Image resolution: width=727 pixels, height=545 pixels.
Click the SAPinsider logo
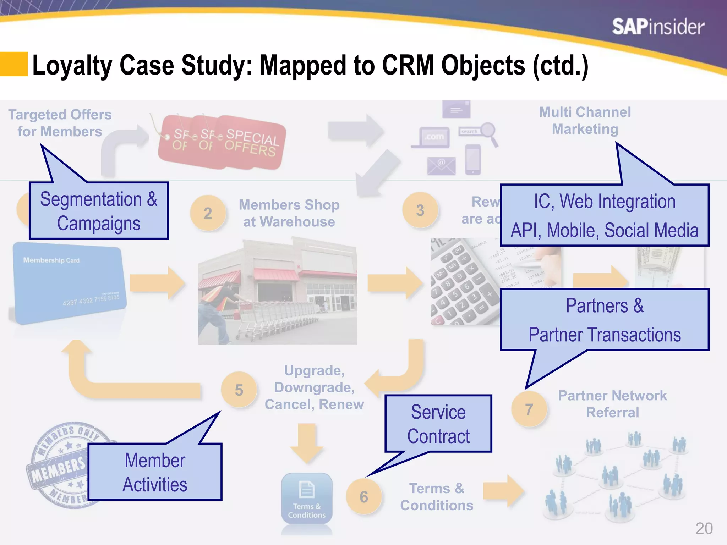pos(658,27)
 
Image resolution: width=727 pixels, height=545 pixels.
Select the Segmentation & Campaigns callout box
pos(99,211)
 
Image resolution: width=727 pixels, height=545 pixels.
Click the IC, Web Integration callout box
pos(604,215)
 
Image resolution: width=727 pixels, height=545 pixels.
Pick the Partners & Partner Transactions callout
pos(604,320)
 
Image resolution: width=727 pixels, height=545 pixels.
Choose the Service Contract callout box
pos(438,424)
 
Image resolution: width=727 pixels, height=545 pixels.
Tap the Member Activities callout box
pos(155,472)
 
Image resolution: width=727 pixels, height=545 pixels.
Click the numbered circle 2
pos(208,213)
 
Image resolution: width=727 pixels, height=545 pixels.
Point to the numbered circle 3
pos(420,210)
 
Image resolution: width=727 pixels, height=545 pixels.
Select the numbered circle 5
pos(239,390)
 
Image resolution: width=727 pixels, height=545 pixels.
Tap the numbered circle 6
pos(364,497)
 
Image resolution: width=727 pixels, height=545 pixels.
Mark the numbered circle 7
pos(529,409)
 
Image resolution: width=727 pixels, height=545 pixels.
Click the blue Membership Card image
pos(67,282)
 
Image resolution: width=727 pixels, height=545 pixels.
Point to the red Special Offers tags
pos(222,142)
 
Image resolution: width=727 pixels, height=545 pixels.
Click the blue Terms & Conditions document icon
pos(307,499)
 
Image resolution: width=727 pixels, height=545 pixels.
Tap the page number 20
pos(704,529)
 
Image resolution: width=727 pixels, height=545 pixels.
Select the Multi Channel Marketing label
pos(585,121)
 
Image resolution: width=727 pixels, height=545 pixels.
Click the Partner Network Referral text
pos(612,404)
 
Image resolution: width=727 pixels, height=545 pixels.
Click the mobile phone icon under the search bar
pos(473,159)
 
